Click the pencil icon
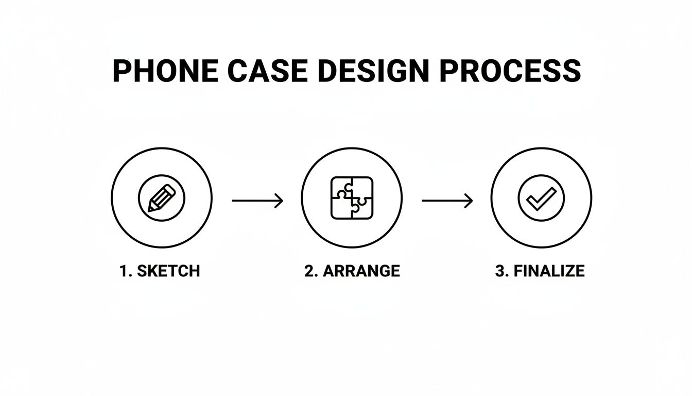162,198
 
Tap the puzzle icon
352,198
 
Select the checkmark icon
541,198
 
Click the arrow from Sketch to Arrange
257,201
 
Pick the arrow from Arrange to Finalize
447,201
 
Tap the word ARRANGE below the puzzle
361,271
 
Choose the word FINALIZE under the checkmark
549,271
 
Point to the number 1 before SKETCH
124,271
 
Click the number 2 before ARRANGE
309,271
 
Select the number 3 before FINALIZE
499,271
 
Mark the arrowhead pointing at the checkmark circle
469,201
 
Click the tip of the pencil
150,209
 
